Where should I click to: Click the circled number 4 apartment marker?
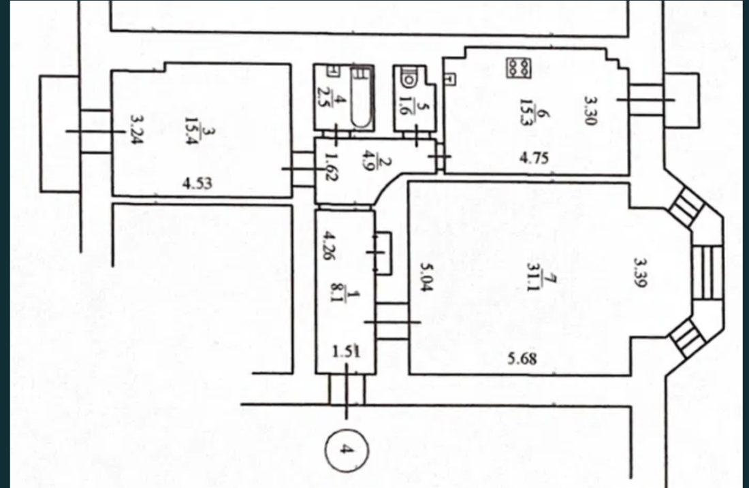point(347,449)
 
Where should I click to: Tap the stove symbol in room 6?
point(519,67)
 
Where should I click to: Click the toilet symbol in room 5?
point(409,78)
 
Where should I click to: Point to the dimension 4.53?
point(197,183)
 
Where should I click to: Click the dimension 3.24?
point(137,130)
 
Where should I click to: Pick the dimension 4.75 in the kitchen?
point(534,157)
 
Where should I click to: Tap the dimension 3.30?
point(591,110)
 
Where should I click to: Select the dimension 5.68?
point(522,357)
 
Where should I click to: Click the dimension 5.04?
point(426,277)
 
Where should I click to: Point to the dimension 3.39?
point(639,273)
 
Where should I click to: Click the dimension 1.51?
point(346,351)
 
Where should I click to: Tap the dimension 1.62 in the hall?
point(329,165)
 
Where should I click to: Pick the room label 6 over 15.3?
point(534,111)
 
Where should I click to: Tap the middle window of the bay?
point(707,272)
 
